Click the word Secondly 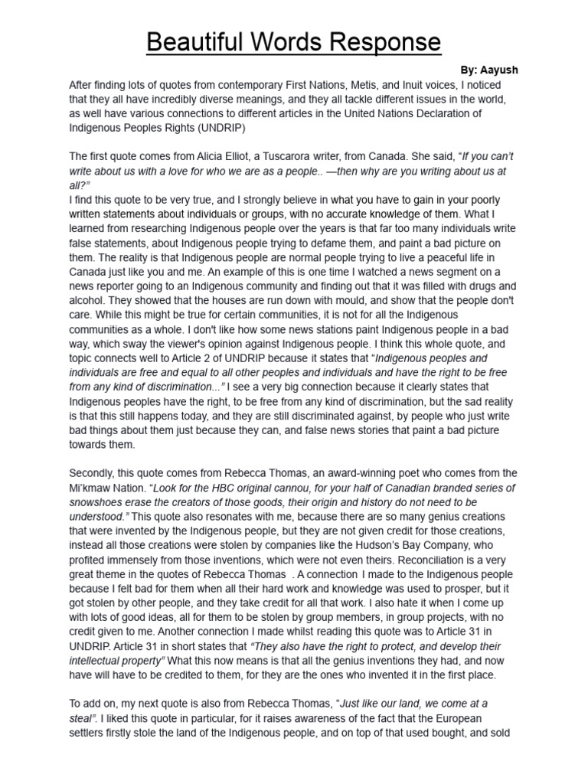94,473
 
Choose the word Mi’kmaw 90,488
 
